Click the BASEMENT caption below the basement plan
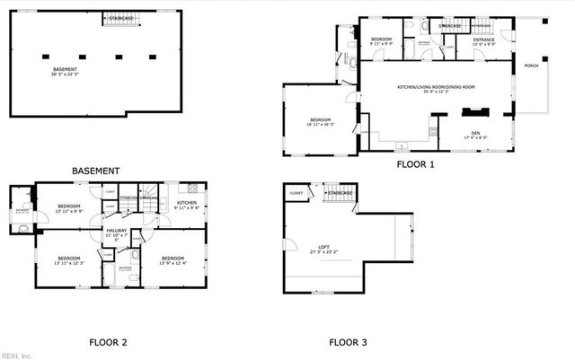[x=95, y=171]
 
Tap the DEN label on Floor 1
[x=476, y=133]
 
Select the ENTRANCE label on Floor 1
[x=484, y=40]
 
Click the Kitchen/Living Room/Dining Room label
[x=436, y=87]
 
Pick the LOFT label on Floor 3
[x=324, y=247]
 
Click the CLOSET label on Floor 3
[x=296, y=193]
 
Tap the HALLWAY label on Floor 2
[x=117, y=232]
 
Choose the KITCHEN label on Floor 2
[x=187, y=204]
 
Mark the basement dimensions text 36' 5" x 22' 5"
[x=64, y=75]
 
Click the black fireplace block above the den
[x=473, y=113]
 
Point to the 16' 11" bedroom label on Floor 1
[x=321, y=121]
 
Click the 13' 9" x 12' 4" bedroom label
[x=172, y=259]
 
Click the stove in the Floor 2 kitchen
[x=190, y=188]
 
